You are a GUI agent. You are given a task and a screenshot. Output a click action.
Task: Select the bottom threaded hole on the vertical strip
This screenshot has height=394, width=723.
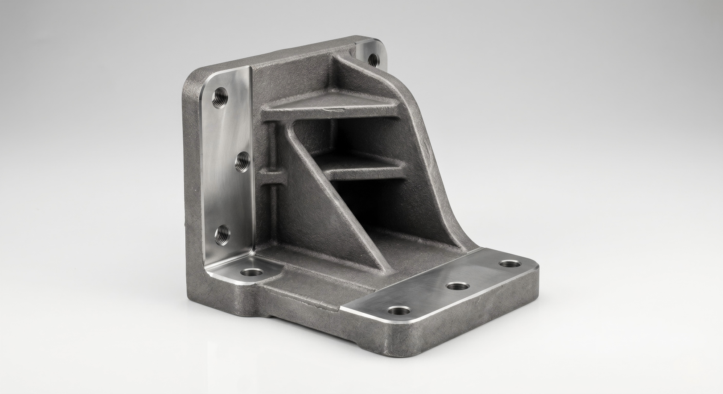(x=221, y=234)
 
